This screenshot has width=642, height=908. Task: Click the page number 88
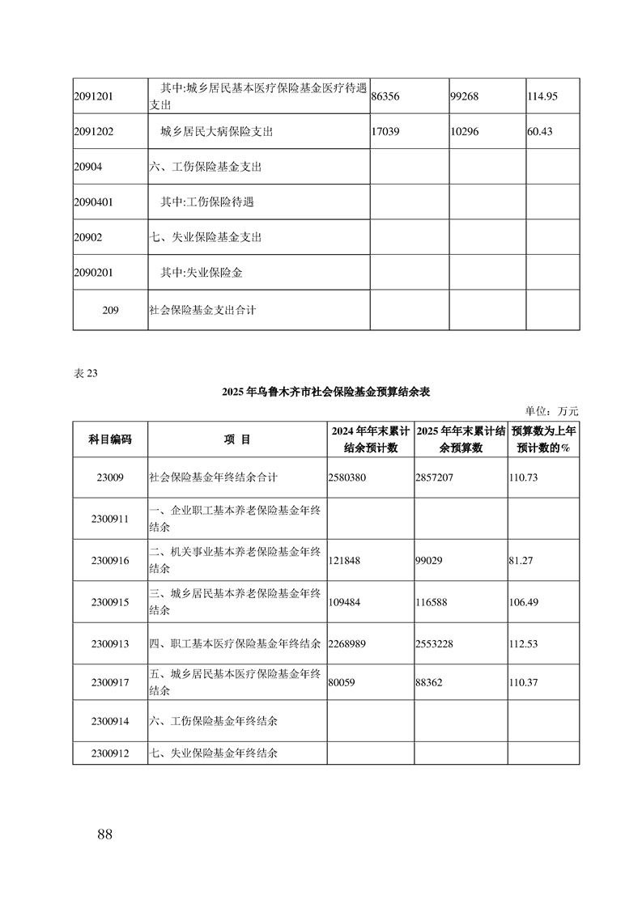(x=104, y=834)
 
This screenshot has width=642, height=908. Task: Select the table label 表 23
(x=85, y=373)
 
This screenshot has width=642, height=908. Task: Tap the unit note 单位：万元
(x=553, y=411)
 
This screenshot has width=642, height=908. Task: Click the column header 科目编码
(x=110, y=439)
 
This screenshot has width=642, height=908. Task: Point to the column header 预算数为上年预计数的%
(x=542, y=439)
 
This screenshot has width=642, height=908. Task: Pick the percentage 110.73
(x=524, y=477)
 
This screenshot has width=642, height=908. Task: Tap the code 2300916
(x=110, y=560)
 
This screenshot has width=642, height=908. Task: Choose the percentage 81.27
(x=521, y=560)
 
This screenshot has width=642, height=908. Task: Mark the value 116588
(x=432, y=602)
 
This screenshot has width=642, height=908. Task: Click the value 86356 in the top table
(x=386, y=96)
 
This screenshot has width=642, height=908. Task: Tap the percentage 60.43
(x=539, y=131)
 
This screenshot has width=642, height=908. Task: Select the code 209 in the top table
(x=111, y=309)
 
